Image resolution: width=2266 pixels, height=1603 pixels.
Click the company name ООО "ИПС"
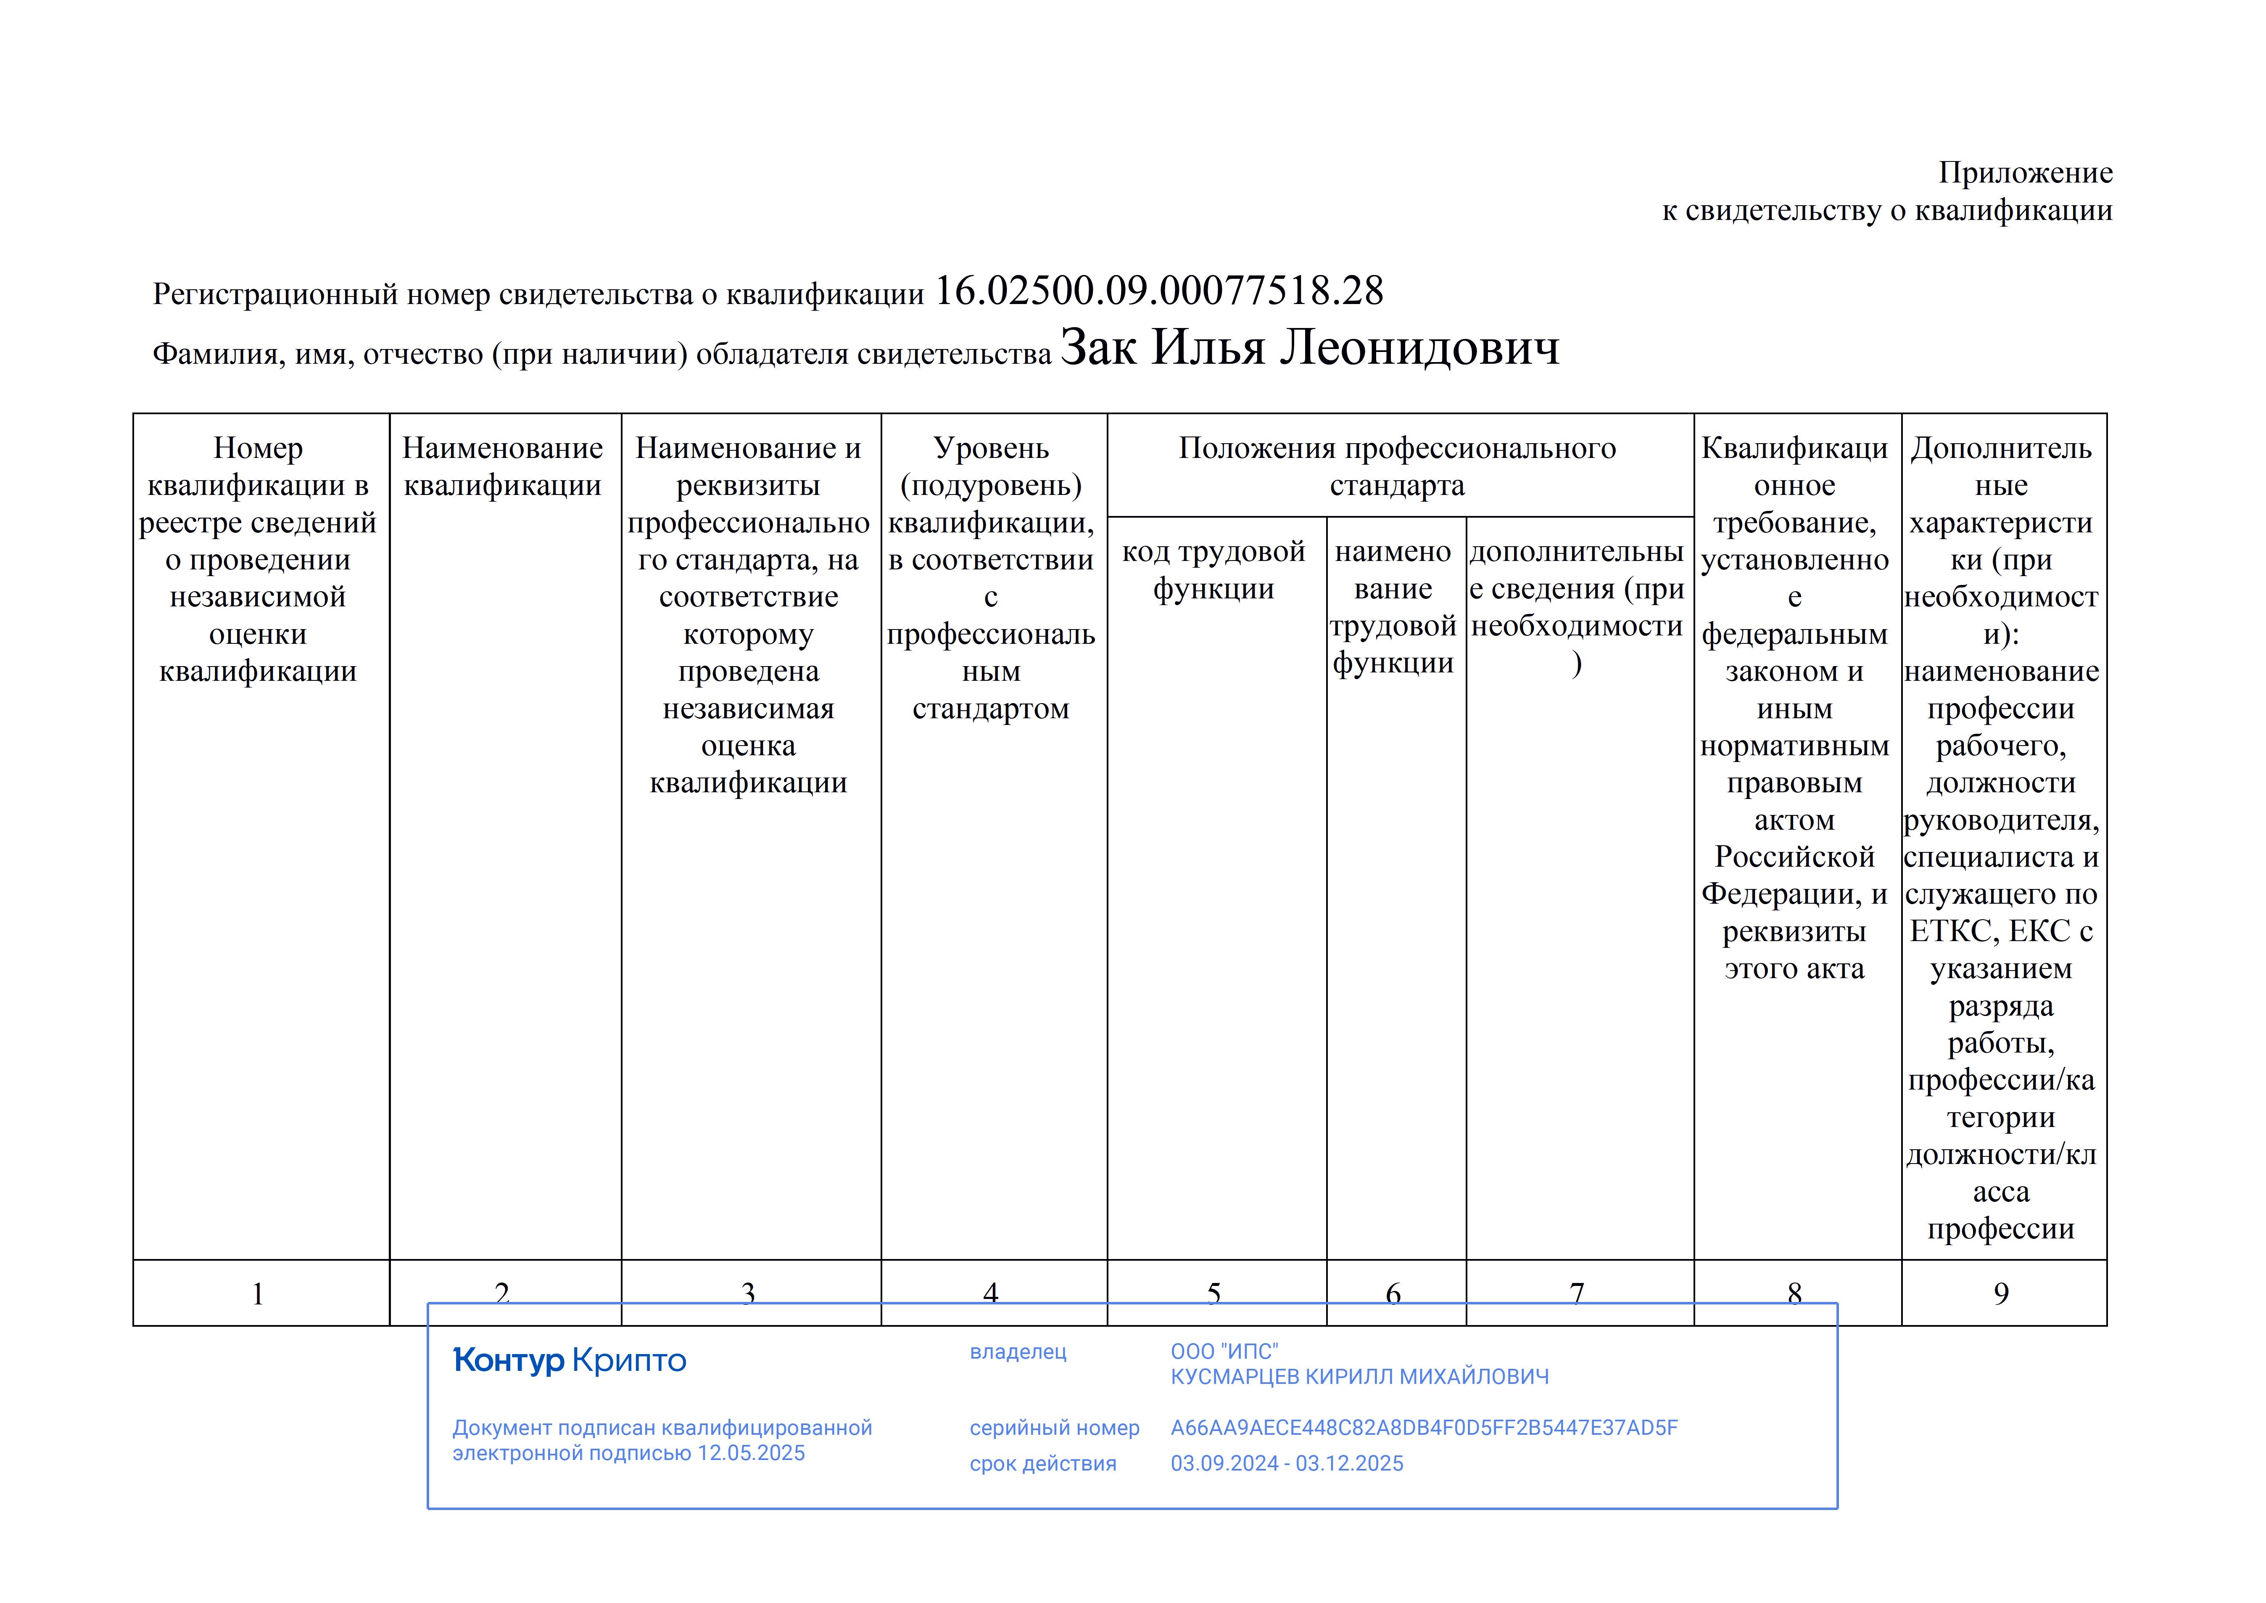pos(1224,1351)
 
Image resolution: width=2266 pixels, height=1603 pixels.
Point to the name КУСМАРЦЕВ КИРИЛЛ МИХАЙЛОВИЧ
pos(1359,1377)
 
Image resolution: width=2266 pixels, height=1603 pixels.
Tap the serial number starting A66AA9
pos(1423,1427)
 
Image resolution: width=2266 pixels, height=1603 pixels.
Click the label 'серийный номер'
pos(1054,1427)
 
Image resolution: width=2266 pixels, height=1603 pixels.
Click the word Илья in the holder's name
pos(1208,347)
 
